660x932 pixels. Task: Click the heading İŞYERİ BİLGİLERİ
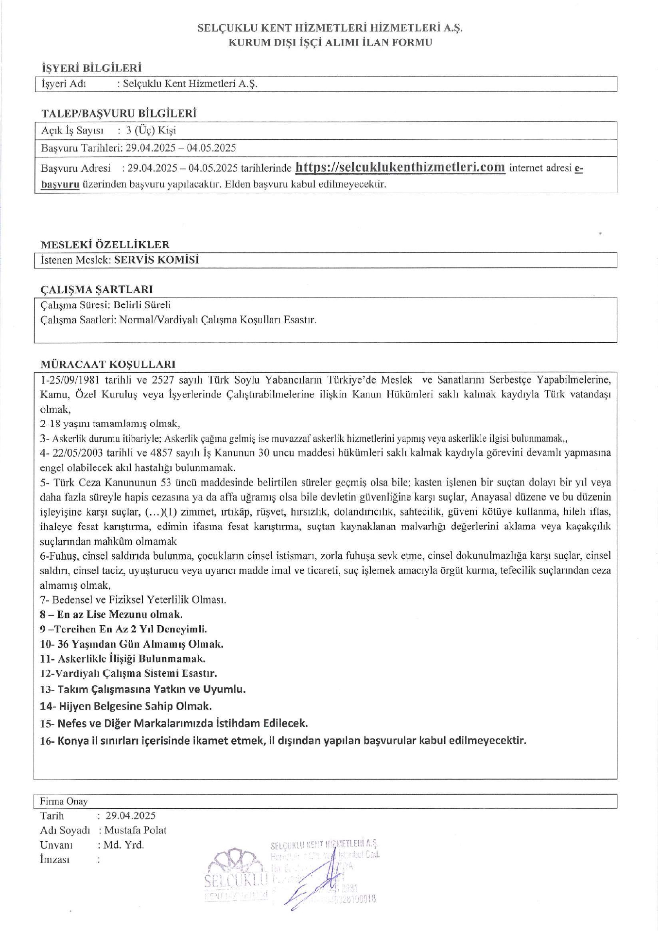point(91,67)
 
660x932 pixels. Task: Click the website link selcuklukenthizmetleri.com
point(400,167)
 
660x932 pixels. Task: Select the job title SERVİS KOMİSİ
point(156,260)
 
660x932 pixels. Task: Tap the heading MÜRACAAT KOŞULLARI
point(107,364)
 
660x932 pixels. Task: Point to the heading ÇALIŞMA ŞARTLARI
point(96,289)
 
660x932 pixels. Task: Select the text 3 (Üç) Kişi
point(151,130)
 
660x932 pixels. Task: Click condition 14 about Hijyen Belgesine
point(125,706)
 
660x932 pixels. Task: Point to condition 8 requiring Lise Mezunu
point(111,615)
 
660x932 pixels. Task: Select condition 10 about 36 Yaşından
point(132,644)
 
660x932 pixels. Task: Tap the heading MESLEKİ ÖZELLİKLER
point(105,244)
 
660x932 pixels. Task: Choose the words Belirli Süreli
point(142,305)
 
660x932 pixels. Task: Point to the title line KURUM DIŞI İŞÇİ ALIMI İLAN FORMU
point(330,42)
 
